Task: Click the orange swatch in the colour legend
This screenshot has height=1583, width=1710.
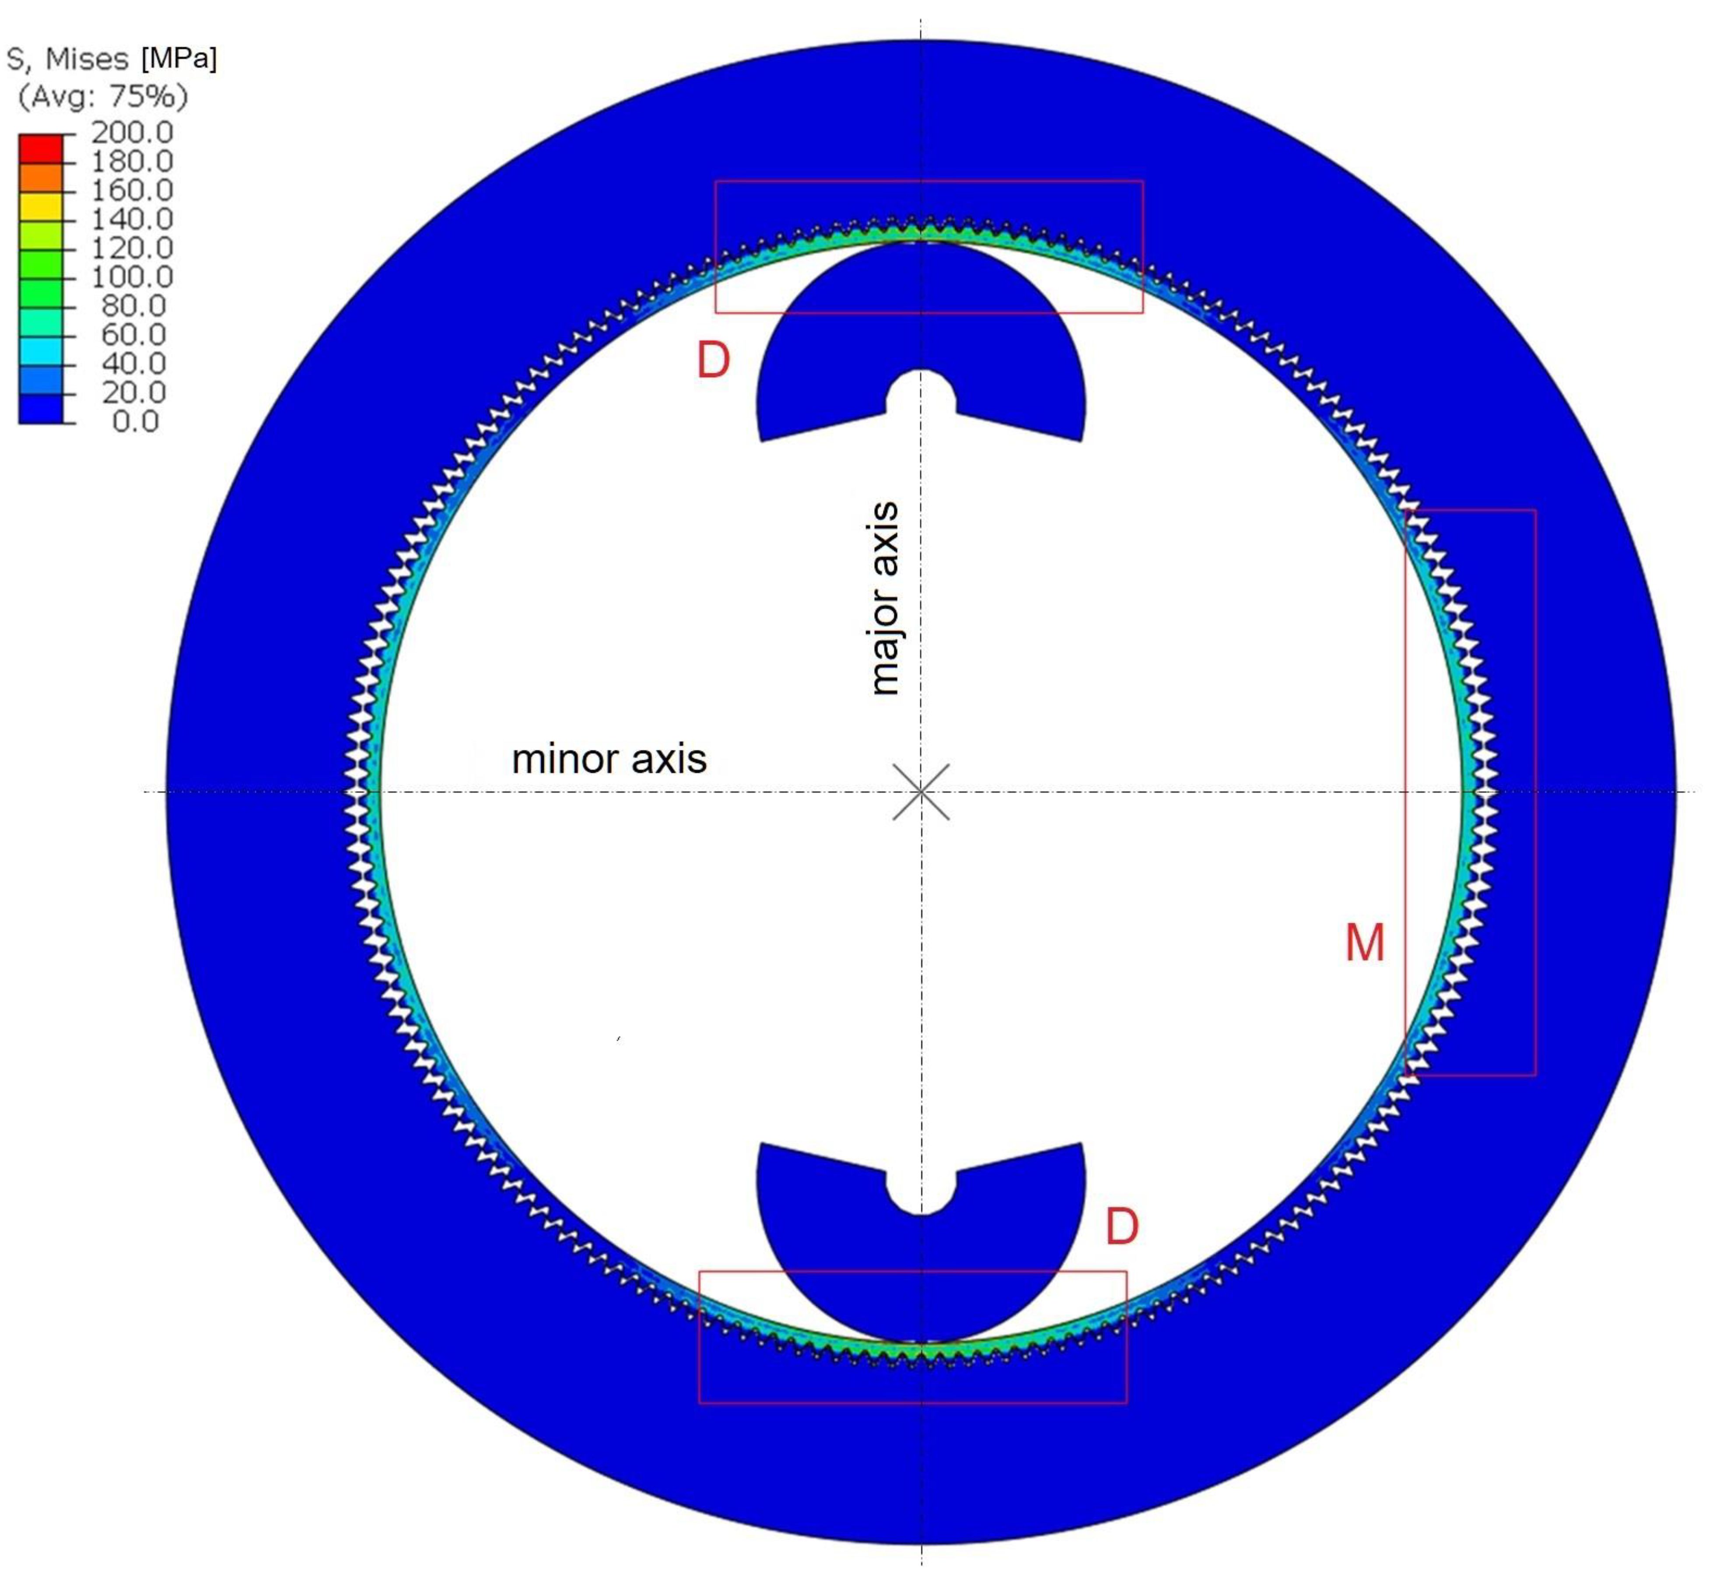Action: [40, 177]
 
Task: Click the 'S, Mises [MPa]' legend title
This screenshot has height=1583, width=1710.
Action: [111, 58]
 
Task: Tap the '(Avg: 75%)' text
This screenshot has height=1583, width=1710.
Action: [103, 96]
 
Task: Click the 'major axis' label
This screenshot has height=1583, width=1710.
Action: [884, 598]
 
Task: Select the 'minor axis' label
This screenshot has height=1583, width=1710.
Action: [609, 759]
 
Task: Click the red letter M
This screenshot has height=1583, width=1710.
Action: [1364, 943]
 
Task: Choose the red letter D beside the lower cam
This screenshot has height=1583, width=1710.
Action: [1122, 1226]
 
